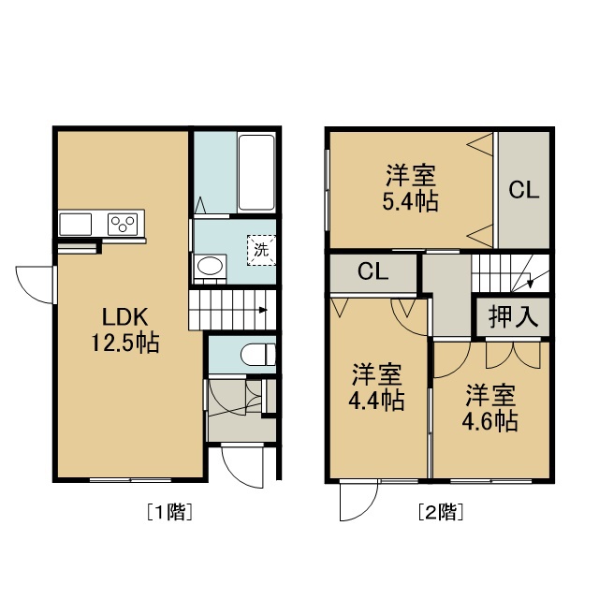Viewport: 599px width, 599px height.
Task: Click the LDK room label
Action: pyautogui.click(x=124, y=316)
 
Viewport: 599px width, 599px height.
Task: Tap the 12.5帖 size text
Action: pyautogui.click(x=124, y=343)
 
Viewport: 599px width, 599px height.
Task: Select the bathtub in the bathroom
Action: pyautogui.click(x=256, y=172)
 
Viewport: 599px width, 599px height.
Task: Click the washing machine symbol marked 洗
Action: pyautogui.click(x=262, y=250)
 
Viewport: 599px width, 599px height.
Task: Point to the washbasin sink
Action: pyautogui.click(x=210, y=266)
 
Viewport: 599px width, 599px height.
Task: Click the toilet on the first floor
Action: pyautogui.click(x=258, y=355)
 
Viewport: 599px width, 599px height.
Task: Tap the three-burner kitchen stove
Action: pyautogui.click(x=123, y=225)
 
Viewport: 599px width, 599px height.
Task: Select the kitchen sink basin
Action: pyautogui.click(x=76, y=225)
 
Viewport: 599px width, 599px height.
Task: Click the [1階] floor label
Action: pyautogui.click(x=169, y=512)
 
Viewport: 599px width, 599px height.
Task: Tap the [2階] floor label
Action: pyautogui.click(x=441, y=512)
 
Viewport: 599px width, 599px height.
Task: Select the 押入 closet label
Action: pyautogui.click(x=513, y=316)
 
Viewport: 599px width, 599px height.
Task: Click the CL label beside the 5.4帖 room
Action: pyautogui.click(x=524, y=190)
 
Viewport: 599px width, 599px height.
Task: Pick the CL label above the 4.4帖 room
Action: pyautogui.click(x=373, y=272)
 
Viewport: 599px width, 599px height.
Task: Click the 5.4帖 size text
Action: pyautogui.click(x=410, y=201)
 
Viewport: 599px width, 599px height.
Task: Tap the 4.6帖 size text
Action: pyautogui.click(x=490, y=421)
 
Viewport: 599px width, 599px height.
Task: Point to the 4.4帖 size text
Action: pyautogui.click(x=376, y=401)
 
